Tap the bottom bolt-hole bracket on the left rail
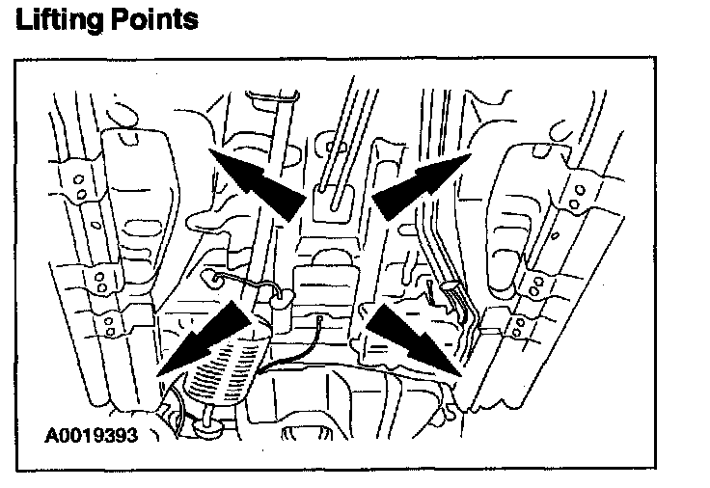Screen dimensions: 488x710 113,324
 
